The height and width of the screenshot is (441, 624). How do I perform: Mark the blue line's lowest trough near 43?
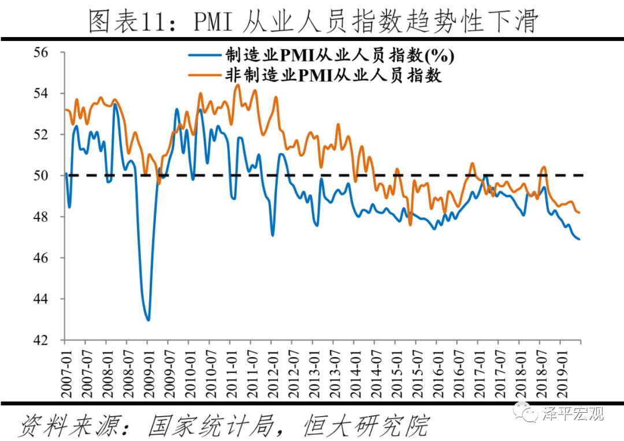[148, 320]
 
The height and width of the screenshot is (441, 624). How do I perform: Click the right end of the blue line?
[579, 239]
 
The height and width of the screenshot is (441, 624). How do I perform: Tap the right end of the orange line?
[579, 213]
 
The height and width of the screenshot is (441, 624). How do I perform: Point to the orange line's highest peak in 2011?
[237, 85]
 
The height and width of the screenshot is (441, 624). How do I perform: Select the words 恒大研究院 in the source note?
[365, 425]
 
